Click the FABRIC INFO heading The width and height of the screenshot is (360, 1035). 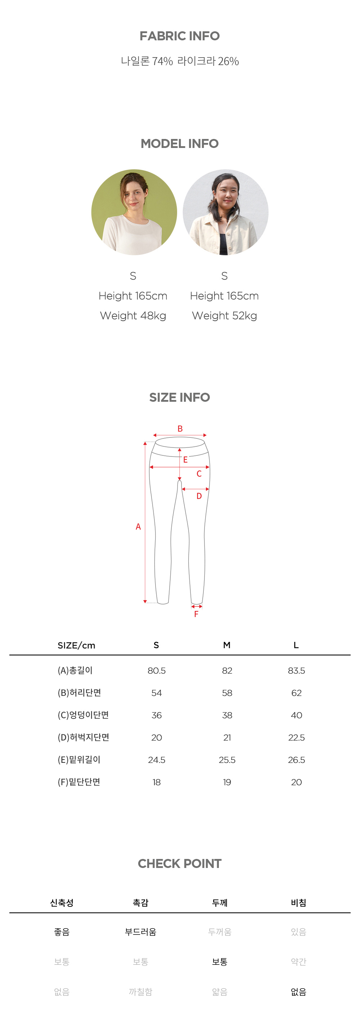180,36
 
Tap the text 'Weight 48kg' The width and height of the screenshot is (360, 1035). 133,316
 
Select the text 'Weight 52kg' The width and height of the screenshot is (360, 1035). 225,316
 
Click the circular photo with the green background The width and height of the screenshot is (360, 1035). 134,212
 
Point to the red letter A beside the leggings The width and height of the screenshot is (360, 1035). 138,527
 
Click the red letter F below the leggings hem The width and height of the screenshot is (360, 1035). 196,614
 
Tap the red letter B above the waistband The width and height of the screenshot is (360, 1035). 180,429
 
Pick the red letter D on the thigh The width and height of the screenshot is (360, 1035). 199,496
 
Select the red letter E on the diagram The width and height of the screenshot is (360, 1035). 185,460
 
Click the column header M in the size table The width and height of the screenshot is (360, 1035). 227,645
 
